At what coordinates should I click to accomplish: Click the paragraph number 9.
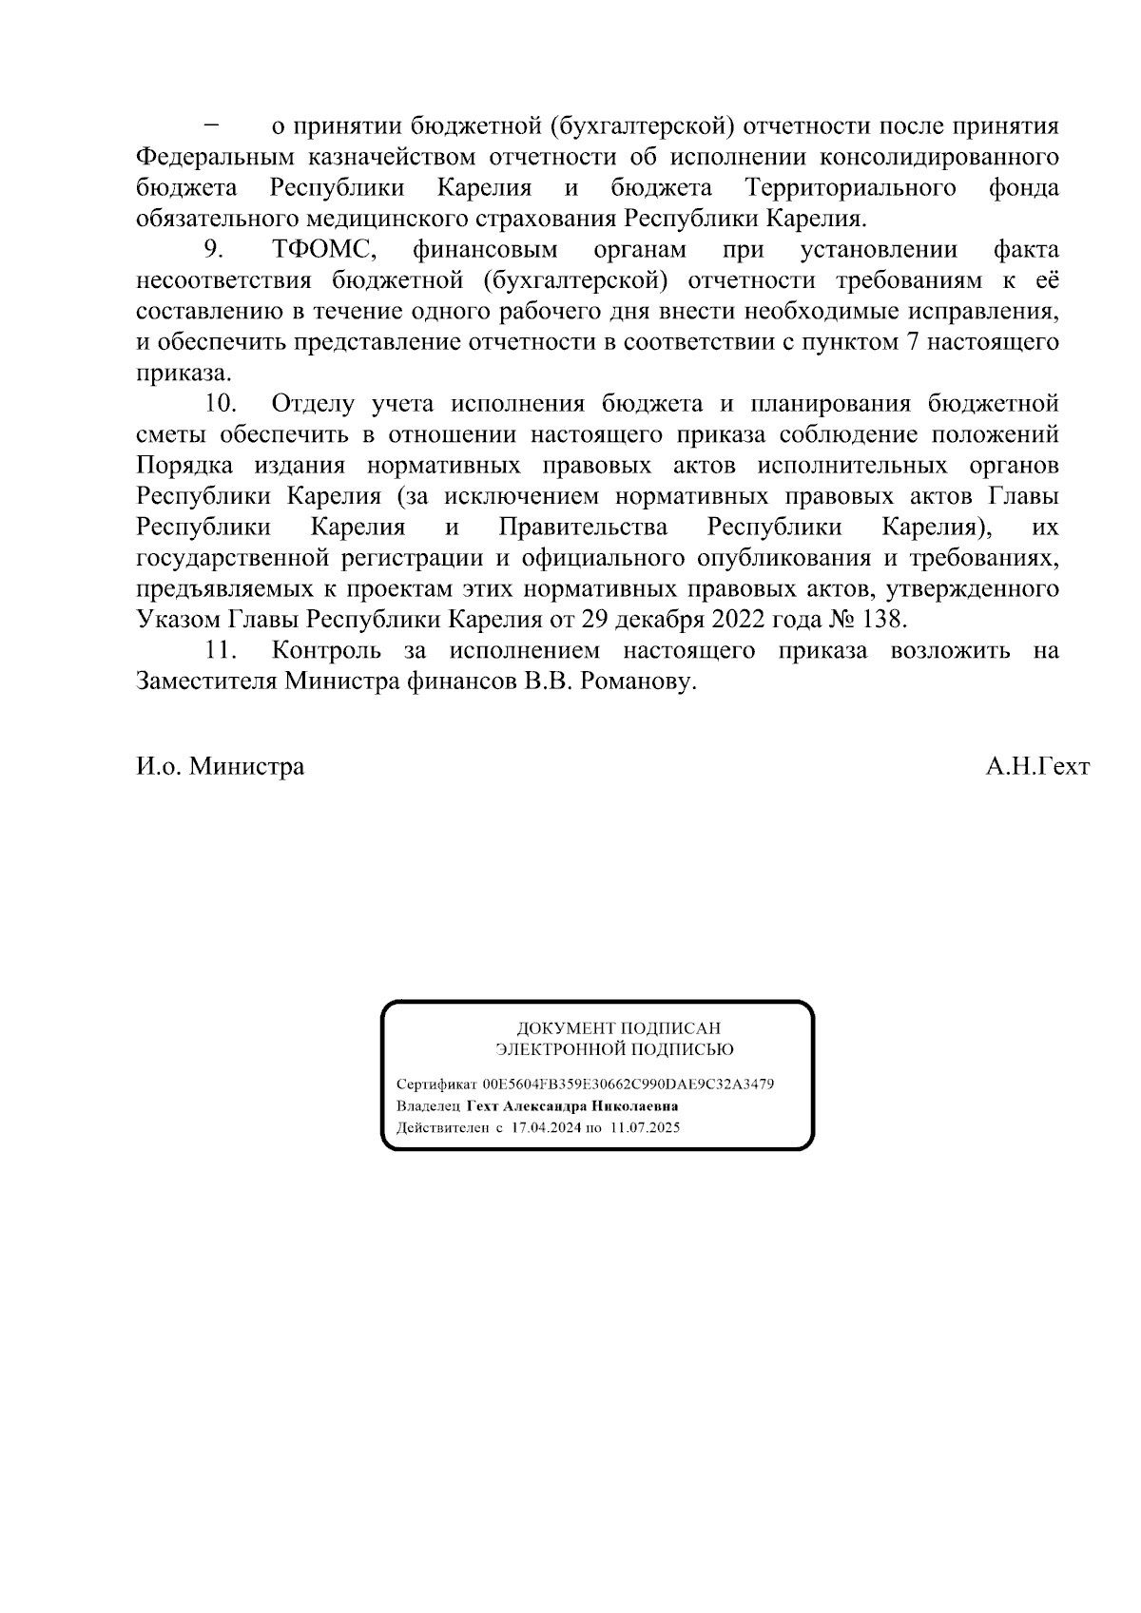point(213,250)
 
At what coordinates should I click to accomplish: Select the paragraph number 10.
point(220,404)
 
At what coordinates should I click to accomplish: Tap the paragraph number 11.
point(220,651)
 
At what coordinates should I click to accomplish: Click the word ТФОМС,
point(319,250)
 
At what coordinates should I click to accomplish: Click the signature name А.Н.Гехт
point(1037,766)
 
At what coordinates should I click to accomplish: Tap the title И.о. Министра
point(220,766)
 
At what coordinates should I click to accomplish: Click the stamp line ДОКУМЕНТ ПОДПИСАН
point(618,1028)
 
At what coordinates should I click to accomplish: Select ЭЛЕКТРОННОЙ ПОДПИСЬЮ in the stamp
point(614,1049)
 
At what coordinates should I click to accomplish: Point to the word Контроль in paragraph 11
point(326,651)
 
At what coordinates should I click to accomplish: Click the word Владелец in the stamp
point(428,1106)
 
